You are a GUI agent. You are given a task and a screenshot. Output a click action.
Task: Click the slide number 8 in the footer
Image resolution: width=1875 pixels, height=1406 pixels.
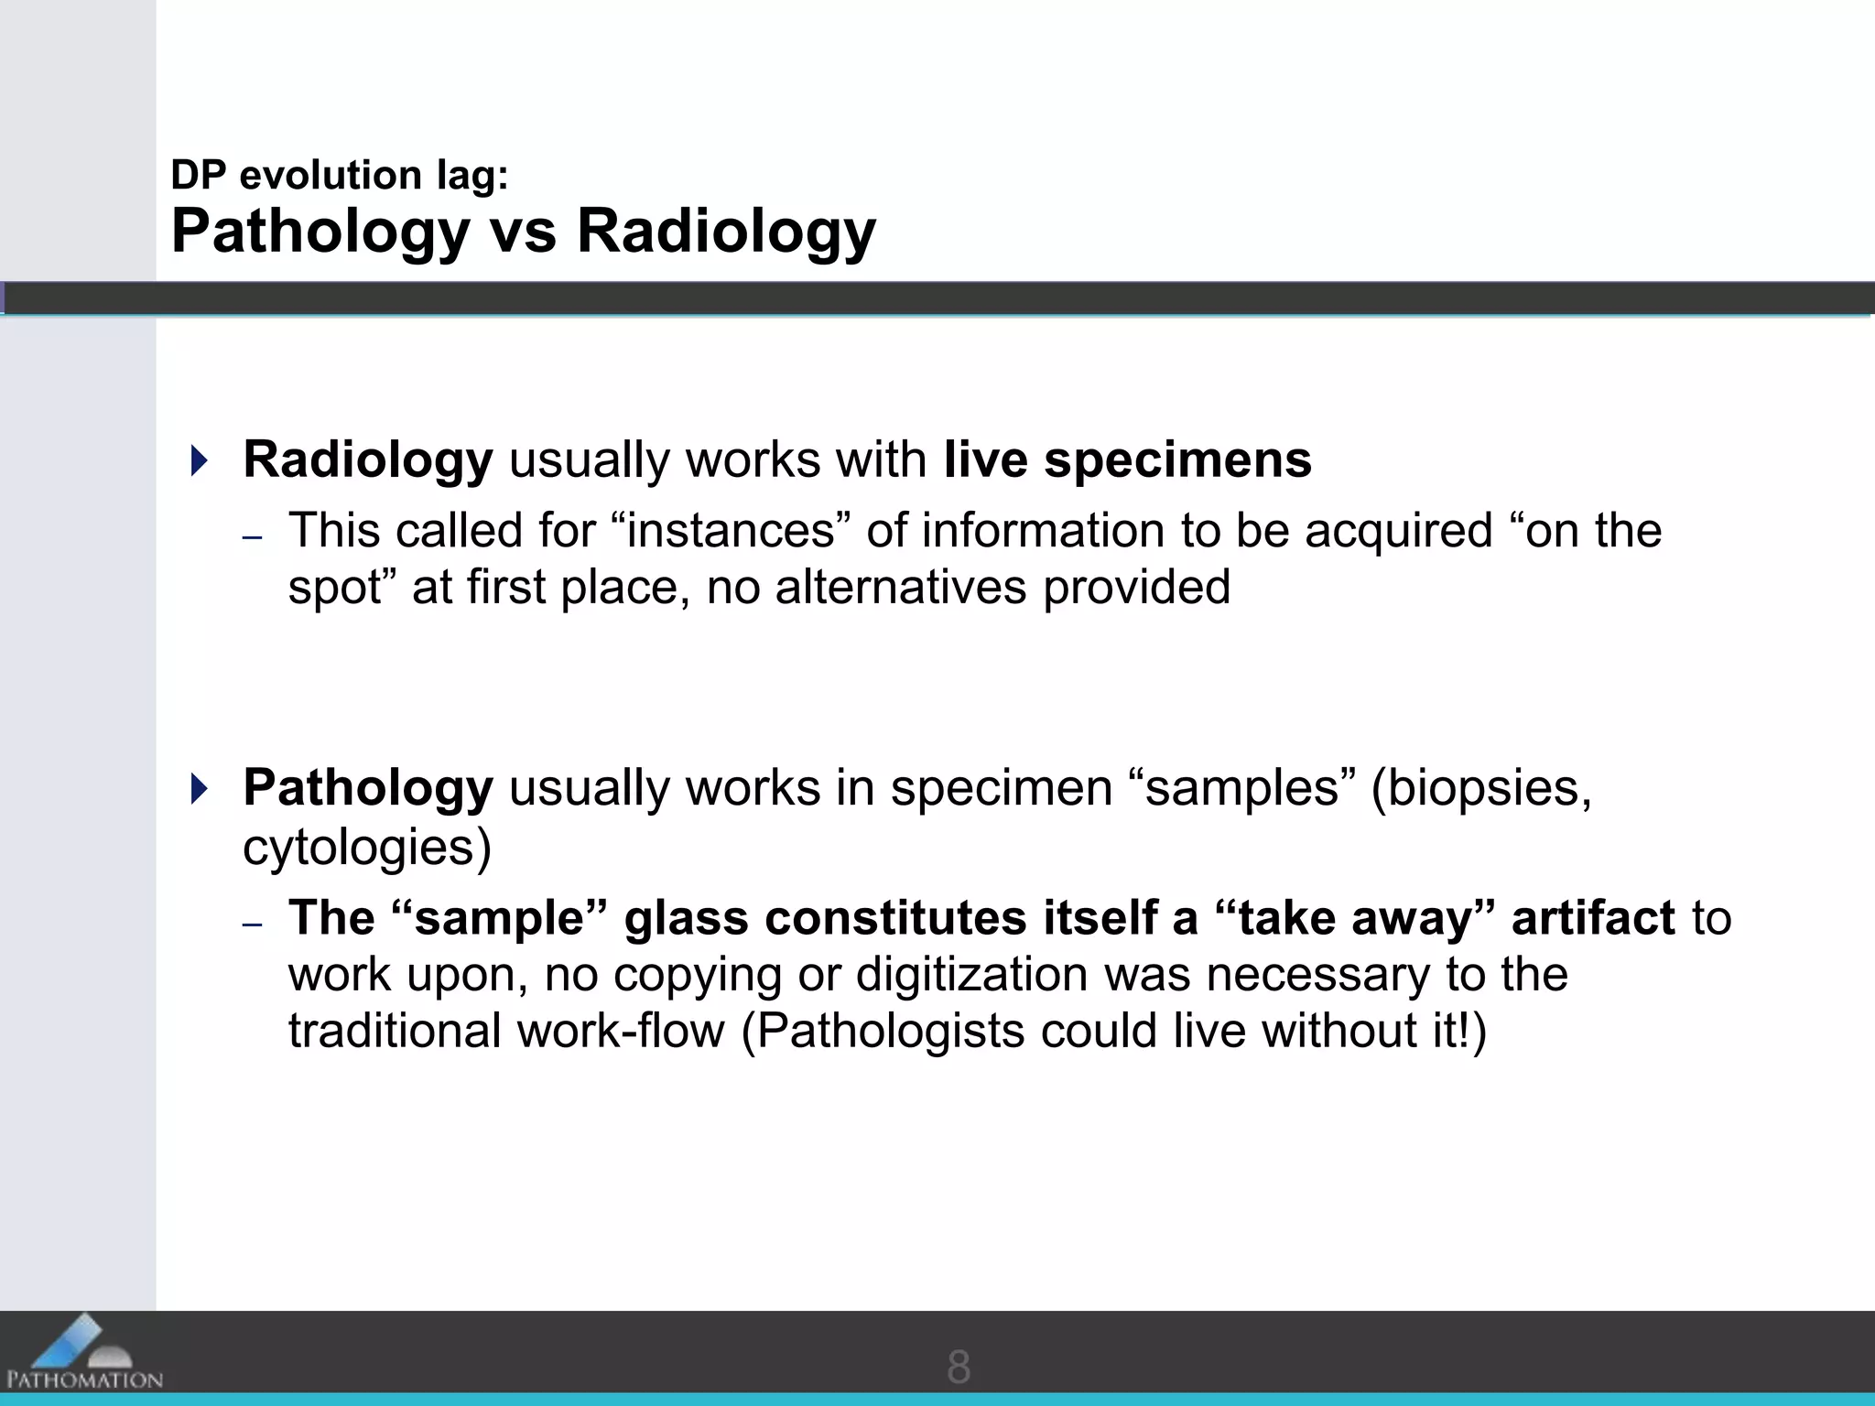click(x=958, y=1367)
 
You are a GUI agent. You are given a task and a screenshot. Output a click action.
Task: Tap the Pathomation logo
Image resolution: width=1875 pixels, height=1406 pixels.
click(x=83, y=1354)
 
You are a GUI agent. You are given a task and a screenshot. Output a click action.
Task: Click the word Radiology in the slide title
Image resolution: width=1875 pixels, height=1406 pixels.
click(x=726, y=231)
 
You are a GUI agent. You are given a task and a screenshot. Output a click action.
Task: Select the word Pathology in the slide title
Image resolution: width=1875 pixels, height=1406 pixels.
click(x=320, y=233)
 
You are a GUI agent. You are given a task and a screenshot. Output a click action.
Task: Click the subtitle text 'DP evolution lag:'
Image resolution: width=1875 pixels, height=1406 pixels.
click(x=340, y=175)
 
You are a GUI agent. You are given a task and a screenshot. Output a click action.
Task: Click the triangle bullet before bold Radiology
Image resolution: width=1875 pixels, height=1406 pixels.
click(x=199, y=460)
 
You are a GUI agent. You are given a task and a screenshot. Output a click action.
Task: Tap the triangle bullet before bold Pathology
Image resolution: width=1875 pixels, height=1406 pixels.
click(x=199, y=788)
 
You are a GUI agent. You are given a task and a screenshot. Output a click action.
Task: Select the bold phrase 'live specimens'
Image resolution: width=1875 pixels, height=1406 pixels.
click(x=1127, y=460)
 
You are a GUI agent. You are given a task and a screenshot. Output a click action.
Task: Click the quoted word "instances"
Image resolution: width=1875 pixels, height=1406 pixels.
click(x=730, y=530)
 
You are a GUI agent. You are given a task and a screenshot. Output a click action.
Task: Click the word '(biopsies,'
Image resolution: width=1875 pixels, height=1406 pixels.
click(x=1481, y=788)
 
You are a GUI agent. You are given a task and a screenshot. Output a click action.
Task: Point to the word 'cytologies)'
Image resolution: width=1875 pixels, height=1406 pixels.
click(x=367, y=848)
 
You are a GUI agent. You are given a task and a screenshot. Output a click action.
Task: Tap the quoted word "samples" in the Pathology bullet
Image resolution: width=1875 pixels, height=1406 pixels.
click(x=1242, y=788)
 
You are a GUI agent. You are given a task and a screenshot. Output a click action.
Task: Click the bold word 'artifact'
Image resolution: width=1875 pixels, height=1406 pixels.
click(x=1593, y=918)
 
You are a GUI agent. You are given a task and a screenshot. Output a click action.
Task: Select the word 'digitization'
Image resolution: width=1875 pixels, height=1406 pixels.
click(x=971, y=975)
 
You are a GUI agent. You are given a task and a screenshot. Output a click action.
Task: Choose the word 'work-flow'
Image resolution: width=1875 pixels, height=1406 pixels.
click(x=621, y=1032)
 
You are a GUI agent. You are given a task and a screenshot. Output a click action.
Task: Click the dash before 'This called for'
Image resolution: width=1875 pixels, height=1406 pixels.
click(x=253, y=537)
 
